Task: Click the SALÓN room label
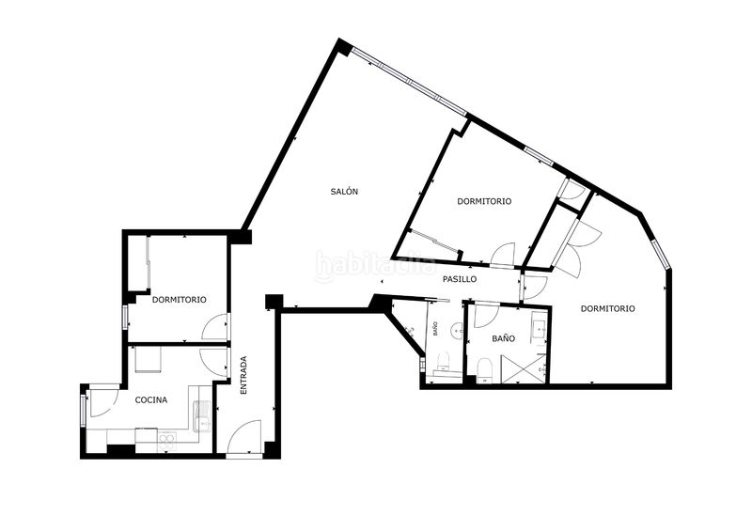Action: pyautogui.click(x=344, y=192)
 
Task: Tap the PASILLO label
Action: pyautogui.click(x=460, y=279)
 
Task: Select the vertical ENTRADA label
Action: pyautogui.click(x=243, y=375)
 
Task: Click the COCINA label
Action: pyautogui.click(x=151, y=400)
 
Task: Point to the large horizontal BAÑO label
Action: pyautogui.click(x=504, y=338)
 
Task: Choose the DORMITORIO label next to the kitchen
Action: pyautogui.click(x=180, y=300)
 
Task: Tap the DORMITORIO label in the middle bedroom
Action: pyautogui.click(x=484, y=201)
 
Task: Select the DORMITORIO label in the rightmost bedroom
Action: pyautogui.click(x=607, y=309)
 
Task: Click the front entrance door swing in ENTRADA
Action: pyautogui.click(x=243, y=436)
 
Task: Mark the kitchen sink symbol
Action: pyautogui.click(x=202, y=415)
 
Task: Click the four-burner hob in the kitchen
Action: pyautogui.click(x=167, y=442)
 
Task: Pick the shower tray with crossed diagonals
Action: pyautogui.click(x=524, y=368)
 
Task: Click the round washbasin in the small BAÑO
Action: pyautogui.click(x=457, y=330)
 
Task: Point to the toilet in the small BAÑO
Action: pyautogui.click(x=442, y=362)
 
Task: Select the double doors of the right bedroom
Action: pyautogui.click(x=579, y=248)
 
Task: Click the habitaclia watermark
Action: pyautogui.click(x=375, y=265)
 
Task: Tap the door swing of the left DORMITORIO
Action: pyautogui.click(x=215, y=327)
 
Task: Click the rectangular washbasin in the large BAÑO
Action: pyautogui.click(x=539, y=329)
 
